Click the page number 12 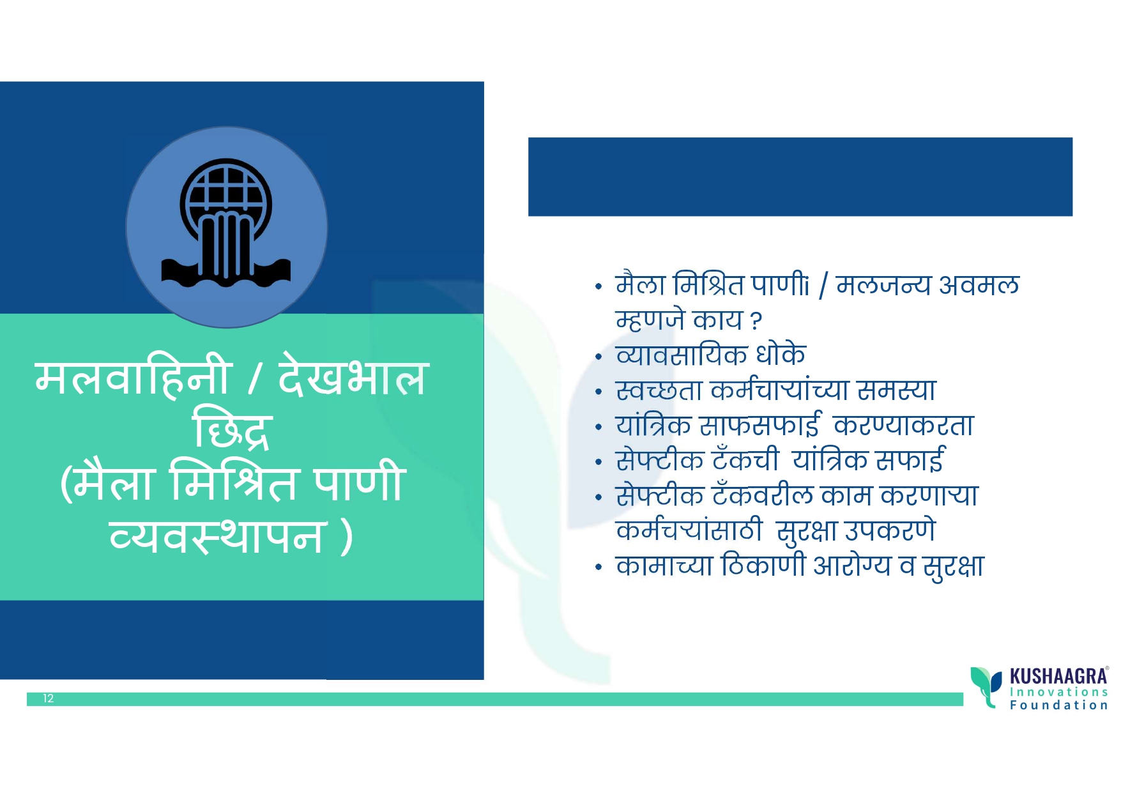49,698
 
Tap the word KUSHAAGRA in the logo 1058,677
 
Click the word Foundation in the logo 1058,705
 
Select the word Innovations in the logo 1058,692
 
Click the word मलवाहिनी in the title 132,378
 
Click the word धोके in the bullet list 781,355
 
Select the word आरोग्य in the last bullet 851,566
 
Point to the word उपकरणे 890,530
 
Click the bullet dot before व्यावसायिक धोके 599,357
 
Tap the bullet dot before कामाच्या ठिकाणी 599,567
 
